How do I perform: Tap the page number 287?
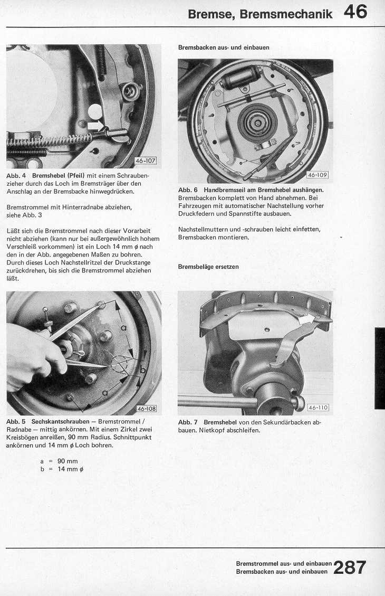(x=349, y=567)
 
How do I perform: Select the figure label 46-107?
(x=146, y=161)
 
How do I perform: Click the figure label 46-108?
(x=147, y=408)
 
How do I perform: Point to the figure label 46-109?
(x=317, y=175)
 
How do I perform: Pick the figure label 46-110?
(x=318, y=408)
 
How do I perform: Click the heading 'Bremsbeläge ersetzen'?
(x=208, y=267)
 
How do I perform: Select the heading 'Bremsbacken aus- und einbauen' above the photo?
(x=224, y=48)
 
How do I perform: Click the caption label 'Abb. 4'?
(x=16, y=175)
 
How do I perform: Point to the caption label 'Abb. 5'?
(x=16, y=422)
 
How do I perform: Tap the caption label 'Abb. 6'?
(x=188, y=190)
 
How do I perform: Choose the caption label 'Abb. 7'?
(x=188, y=422)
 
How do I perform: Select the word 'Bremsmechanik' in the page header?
(x=286, y=14)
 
